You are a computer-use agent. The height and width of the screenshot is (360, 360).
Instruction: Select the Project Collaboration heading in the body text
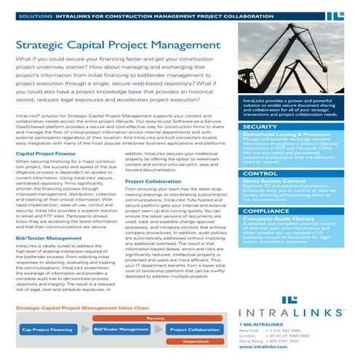coord(153,180)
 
